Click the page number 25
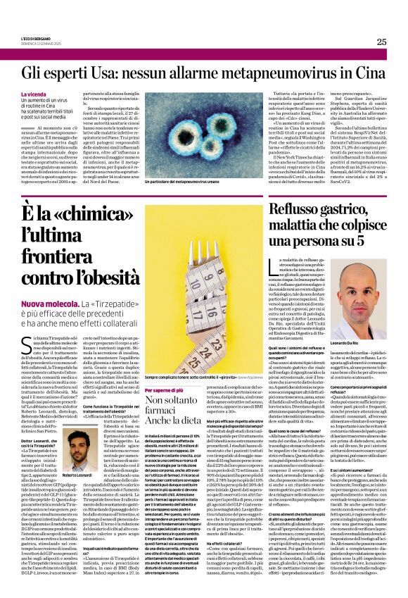[x=381, y=42]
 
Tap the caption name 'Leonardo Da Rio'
[x=362, y=342]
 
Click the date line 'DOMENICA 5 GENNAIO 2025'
[x=38, y=43]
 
